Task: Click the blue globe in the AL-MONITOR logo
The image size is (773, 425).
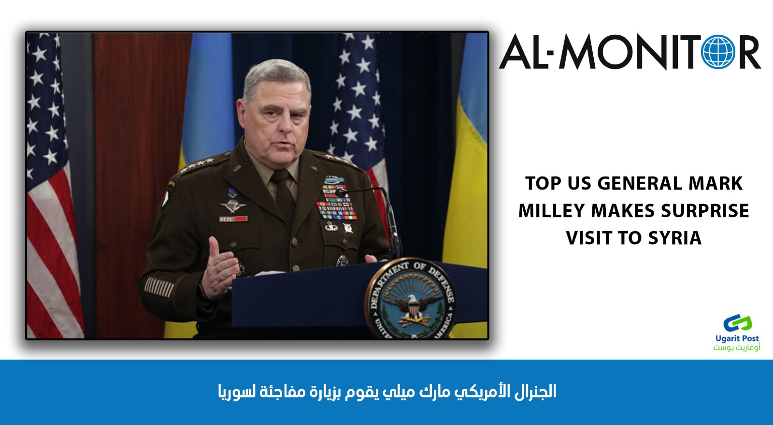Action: point(718,52)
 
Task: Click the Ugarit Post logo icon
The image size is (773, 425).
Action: point(737,323)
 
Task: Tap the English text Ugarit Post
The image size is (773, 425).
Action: point(737,338)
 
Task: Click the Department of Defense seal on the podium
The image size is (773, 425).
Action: point(411,299)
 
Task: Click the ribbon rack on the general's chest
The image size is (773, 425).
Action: point(336,202)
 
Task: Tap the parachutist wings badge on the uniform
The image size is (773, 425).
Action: point(233,206)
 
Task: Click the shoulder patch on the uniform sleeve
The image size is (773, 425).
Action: point(168,195)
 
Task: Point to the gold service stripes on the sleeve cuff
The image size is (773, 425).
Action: point(159,287)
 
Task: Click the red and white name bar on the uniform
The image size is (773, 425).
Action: point(233,219)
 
